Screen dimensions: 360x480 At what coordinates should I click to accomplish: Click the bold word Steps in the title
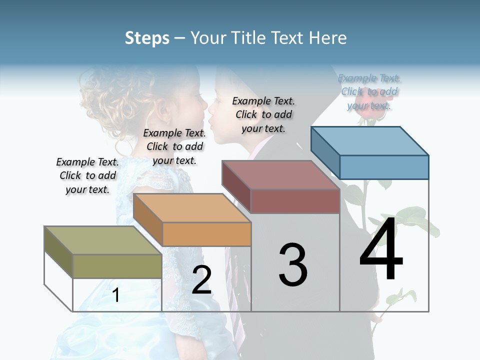click(x=147, y=38)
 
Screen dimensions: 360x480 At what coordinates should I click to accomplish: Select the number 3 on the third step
click(x=293, y=265)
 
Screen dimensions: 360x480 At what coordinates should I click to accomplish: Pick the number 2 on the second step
click(x=201, y=280)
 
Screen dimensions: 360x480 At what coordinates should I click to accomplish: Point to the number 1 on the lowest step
click(x=116, y=295)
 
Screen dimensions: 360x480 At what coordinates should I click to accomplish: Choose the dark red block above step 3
click(x=294, y=200)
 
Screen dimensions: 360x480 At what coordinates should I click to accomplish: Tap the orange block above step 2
click(x=206, y=233)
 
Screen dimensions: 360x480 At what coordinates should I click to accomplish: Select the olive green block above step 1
click(x=117, y=265)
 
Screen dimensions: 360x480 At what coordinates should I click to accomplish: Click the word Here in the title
click(x=329, y=38)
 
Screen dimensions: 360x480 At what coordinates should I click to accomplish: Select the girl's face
click(x=192, y=105)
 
